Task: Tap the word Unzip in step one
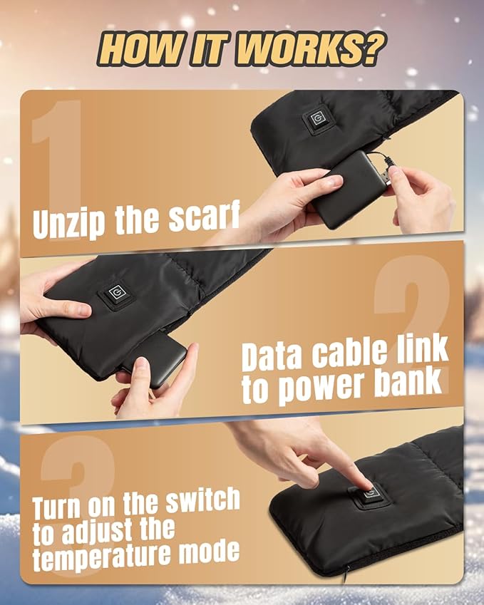pyautogui.click(x=68, y=222)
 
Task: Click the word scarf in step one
pyautogui.click(x=203, y=217)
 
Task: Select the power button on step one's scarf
pyautogui.click(x=318, y=119)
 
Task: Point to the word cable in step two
pyautogui.click(x=348, y=352)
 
